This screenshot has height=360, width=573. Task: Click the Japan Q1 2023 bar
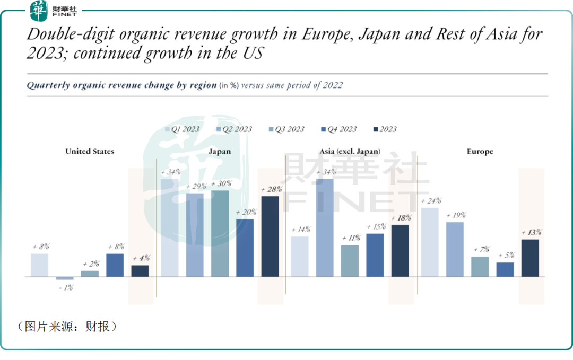(x=169, y=227)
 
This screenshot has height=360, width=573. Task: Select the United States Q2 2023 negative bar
(x=65, y=278)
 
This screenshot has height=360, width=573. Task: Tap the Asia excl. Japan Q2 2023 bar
(x=325, y=227)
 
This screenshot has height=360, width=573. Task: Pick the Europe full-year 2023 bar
(x=530, y=258)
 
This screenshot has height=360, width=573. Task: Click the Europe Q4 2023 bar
(x=505, y=269)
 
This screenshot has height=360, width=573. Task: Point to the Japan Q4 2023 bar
(x=245, y=248)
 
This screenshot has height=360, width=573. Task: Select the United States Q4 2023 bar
(x=115, y=265)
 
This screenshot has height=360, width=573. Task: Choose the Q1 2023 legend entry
(x=182, y=129)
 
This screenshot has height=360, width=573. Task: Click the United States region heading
(x=90, y=152)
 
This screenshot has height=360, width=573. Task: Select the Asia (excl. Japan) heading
(x=350, y=152)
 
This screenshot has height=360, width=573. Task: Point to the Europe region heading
(x=480, y=152)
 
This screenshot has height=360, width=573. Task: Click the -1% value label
(x=65, y=287)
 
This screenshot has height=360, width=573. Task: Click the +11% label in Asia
(x=350, y=238)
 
